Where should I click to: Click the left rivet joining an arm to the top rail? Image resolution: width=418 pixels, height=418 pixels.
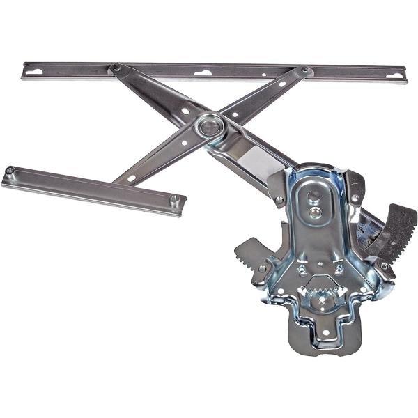click(x=116, y=68)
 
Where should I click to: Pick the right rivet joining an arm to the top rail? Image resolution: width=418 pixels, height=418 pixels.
click(x=304, y=70)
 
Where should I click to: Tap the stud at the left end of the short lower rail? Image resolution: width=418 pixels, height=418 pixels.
click(x=10, y=170)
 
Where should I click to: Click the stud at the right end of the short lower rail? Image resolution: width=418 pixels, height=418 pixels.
click(x=173, y=199)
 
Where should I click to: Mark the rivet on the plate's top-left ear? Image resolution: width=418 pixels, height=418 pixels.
click(x=279, y=200)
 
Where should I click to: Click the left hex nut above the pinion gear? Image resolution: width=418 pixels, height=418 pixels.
click(x=302, y=269)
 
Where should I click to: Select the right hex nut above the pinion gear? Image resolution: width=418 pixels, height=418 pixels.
click(x=339, y=269)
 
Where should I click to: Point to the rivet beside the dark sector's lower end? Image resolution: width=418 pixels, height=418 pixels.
click(x=384, y=265)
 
